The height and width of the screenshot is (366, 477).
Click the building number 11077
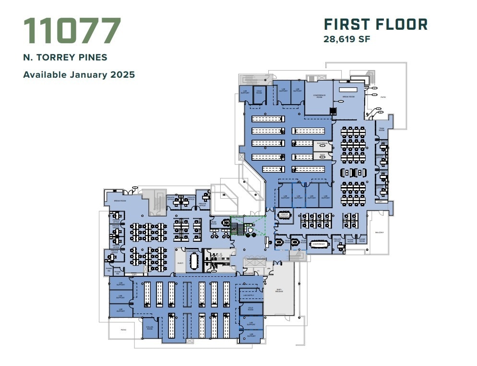click(72, 31)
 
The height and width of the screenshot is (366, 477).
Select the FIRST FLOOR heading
click(375, 24)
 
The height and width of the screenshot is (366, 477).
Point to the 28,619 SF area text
click(347, 39)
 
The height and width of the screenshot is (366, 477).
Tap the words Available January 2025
click(79, 75)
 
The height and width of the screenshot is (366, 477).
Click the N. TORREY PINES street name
click(65, 58)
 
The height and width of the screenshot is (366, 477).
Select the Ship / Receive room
click(279, 290)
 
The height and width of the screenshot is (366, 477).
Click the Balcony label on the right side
click(379, 232)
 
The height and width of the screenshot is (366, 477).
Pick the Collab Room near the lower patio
click(149, 328)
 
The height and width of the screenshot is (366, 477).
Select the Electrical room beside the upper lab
click(322, 143)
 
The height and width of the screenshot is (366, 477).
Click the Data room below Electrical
click(322, 155)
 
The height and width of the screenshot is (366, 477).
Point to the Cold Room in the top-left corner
click(259, 92)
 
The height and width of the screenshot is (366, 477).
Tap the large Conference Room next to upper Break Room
click(319, 95)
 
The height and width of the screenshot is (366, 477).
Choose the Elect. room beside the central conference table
click(181, 263)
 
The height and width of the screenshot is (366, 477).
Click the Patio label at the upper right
click(383, 97)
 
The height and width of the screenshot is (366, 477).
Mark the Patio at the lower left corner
click(123, 330)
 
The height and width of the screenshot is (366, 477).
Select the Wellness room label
click(248, 273)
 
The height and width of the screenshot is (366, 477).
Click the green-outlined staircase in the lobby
click(237, 226)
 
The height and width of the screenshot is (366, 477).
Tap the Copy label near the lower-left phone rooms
click(134, 275)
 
